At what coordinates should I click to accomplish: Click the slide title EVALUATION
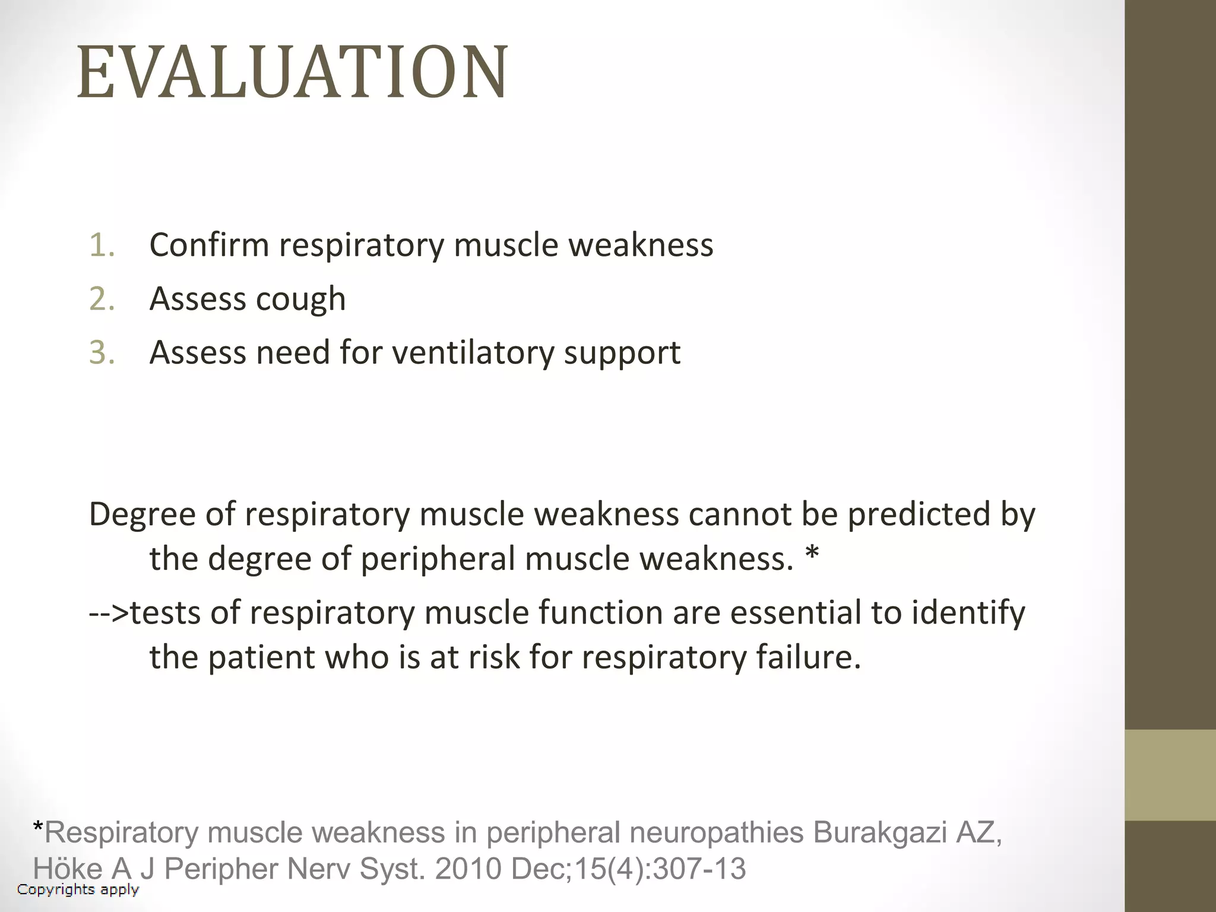click(292, 72)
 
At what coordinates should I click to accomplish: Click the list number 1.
click(102, 245)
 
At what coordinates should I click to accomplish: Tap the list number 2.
click(102, 299)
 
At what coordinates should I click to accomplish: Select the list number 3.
click(102, 353)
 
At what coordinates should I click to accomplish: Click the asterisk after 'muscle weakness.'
click(812, 556)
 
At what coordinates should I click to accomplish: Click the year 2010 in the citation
click(468, 869)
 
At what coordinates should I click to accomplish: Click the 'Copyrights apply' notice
click(78, 889)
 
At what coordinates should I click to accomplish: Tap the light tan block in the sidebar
click(1170, 775)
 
